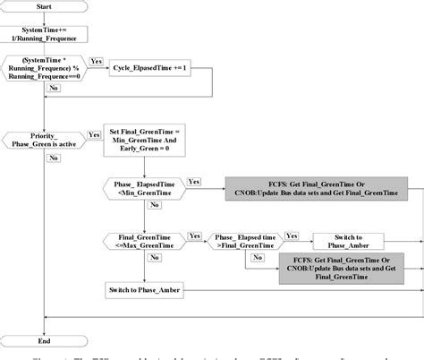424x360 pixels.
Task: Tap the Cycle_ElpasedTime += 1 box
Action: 149,68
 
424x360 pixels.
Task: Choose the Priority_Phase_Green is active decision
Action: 46,139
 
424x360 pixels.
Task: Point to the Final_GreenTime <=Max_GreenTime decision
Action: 144,241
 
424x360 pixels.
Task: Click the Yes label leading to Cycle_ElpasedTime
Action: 97,62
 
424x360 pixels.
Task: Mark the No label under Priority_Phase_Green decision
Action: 54,159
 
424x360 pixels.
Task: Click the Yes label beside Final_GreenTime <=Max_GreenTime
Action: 194,236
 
